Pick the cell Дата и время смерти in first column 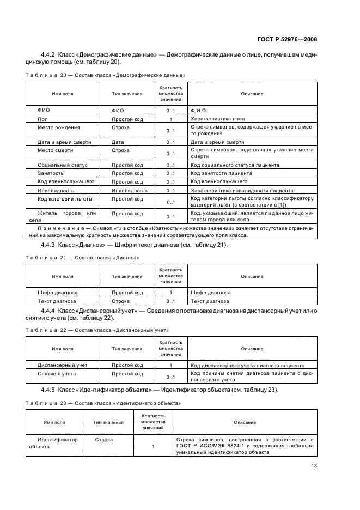click(x=64, y=142)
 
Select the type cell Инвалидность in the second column click(x=130, y=191)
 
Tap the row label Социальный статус click(x=63, y=165)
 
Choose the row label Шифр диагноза click(x=57, y=292)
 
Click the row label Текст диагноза click(x=57, y=301)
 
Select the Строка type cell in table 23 click(x=103, y=439)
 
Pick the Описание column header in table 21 click(x=252, y=276)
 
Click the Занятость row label click(x=51, y=173)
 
